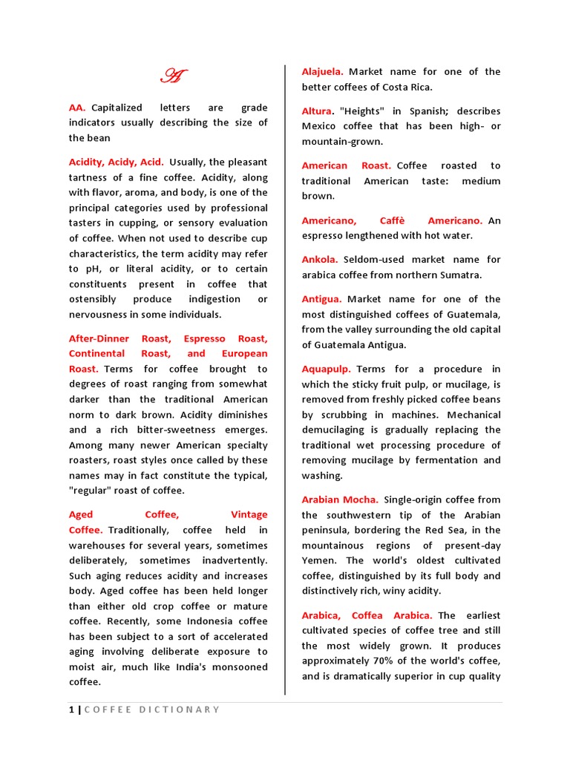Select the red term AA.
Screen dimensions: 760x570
point(77,108)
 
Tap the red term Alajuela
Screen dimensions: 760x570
point(322,72)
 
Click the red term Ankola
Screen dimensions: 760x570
point(320,260)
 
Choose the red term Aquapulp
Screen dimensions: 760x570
point(326,369)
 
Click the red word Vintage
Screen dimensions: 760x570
point(249,514)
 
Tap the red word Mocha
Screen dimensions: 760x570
point(360,499)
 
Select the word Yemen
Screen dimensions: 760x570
point(320,560)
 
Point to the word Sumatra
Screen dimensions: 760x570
point(461,275)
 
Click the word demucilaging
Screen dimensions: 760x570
point(334,430)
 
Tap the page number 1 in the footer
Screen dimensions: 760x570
point(71,710)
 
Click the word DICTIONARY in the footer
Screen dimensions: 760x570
point(180,710)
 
